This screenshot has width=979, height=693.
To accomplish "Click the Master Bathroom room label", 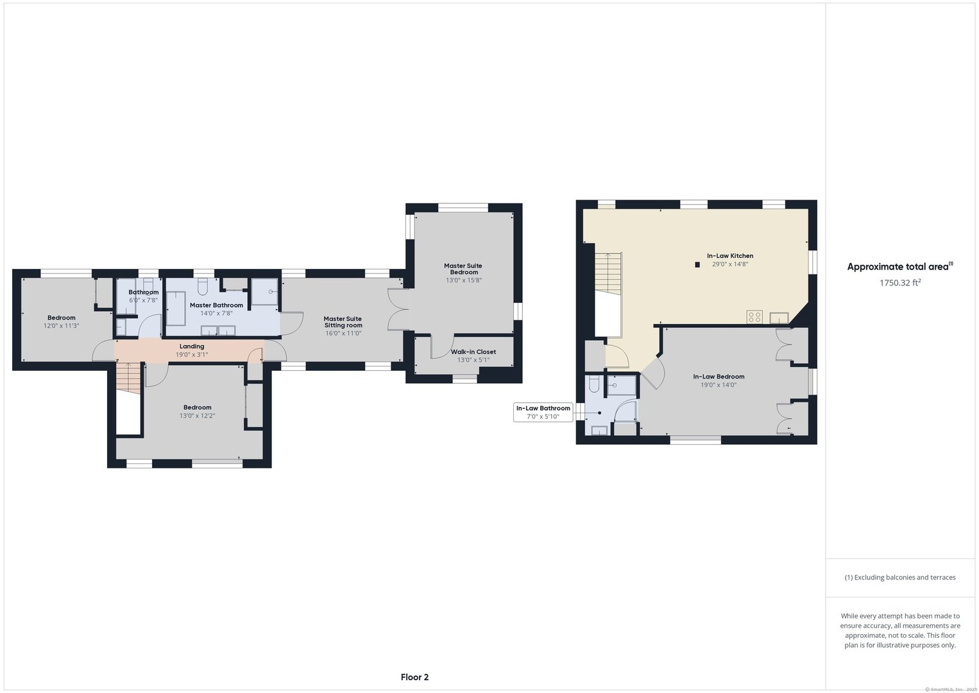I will coord(216,305).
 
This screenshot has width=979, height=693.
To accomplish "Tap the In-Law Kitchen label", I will coord(730,256).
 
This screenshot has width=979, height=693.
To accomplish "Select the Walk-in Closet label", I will coord(473,352).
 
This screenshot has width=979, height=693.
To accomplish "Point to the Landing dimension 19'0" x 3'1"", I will coord(192,355).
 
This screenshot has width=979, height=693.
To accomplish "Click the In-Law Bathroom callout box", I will coord(543,412).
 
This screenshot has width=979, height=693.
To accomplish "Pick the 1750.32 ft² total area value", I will coord(900,282).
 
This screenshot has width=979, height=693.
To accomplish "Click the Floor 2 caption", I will coord(414,677).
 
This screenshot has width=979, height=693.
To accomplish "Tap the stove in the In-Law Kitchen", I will coord(754,316).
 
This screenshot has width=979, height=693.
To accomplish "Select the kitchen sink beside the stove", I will coord(779,317).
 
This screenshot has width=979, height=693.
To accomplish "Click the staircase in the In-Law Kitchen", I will coord(608,273).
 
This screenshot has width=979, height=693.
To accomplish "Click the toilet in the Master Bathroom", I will coord(203,284).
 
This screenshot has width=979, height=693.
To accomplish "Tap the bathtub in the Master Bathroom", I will coord(176,309).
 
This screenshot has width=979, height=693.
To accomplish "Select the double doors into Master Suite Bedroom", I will coord(397,310).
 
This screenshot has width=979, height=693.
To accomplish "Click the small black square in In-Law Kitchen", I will coord(697,264).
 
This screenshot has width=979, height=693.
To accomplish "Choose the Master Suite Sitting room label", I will coord(343,322).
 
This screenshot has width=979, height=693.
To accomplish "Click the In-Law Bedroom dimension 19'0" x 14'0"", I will coord(719,385).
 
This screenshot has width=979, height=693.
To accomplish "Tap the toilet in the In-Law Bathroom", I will coord(594,384).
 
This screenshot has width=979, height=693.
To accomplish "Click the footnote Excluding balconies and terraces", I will coord(899,577).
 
